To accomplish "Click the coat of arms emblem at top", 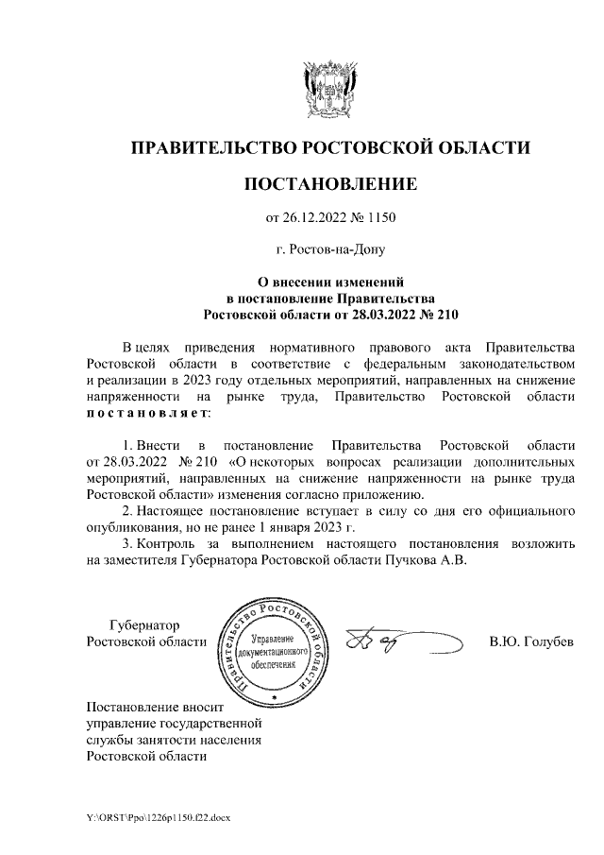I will (x=329, y=88).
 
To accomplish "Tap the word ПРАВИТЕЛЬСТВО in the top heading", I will (x=212, y=147).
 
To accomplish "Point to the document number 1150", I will (x=380, y=218).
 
